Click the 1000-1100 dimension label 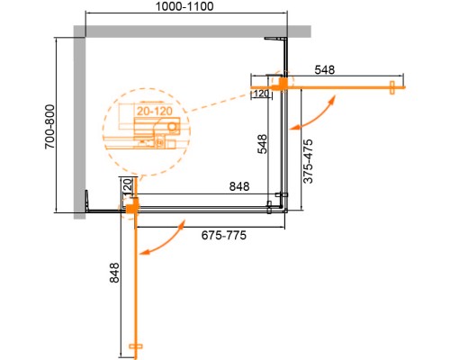point(186,8)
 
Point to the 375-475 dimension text point(307,161)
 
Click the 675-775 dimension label point(220,234)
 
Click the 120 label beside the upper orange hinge point(262,93)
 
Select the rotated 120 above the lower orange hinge point(127,188)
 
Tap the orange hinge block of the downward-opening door point(131,210)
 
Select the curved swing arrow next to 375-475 point(317,112)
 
